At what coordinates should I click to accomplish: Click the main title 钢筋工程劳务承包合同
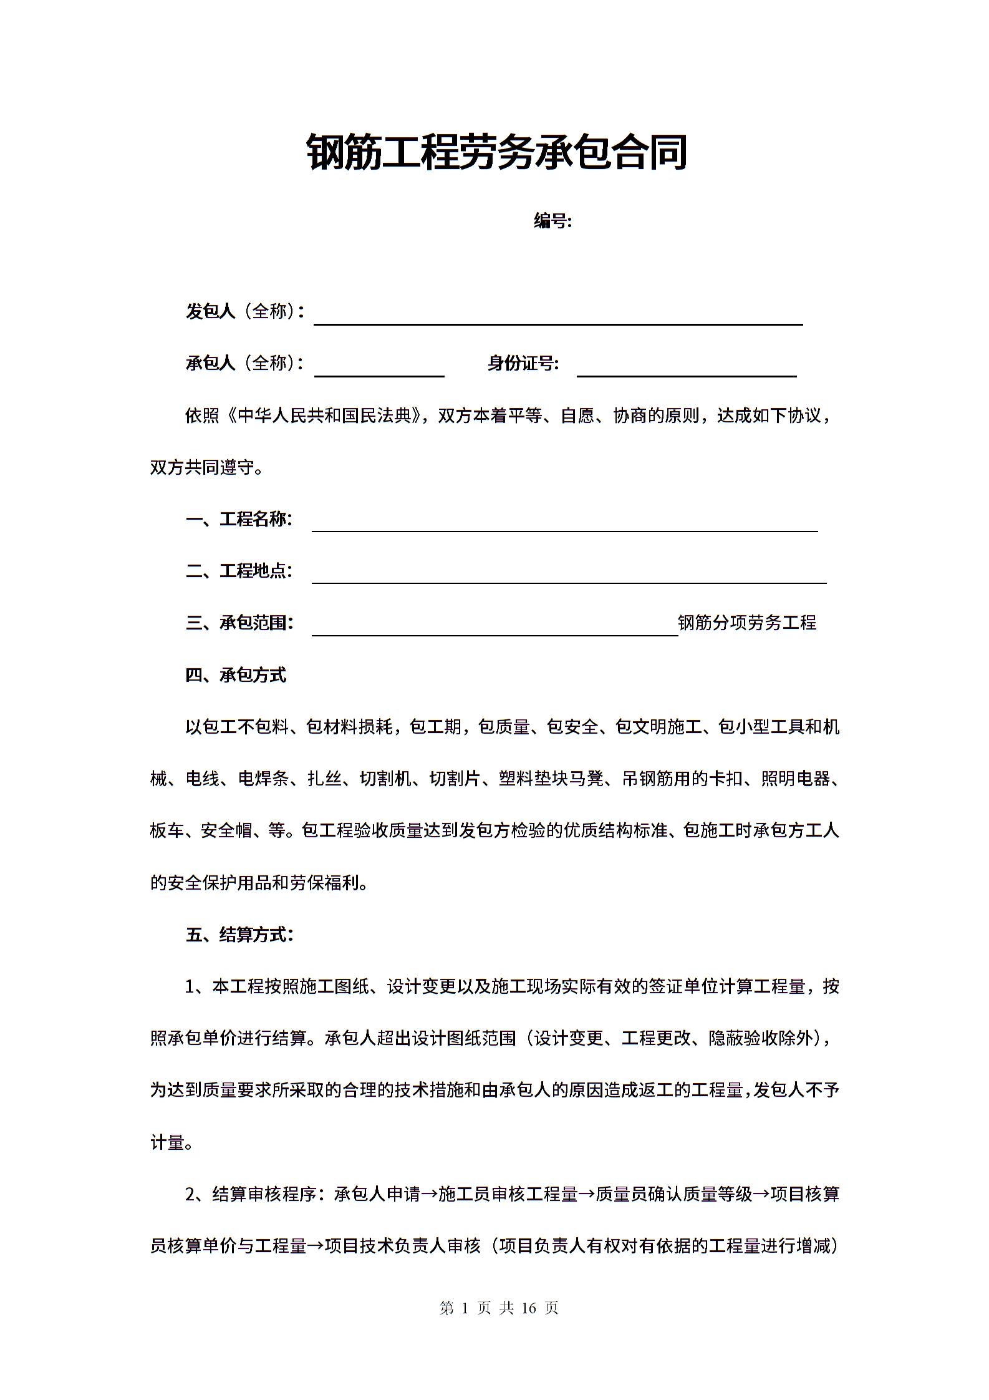[x=496, y=153]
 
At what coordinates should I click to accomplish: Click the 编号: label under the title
[x=552, y=221]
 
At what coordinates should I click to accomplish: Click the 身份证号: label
[x=523, y=363]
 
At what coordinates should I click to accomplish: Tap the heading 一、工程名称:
[x=239, y=519]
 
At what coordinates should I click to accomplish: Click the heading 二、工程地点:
[x=239, y=571]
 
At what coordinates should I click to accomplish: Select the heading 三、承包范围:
[x=239, y=623]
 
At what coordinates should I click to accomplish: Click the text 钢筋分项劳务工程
[x=747, y=623]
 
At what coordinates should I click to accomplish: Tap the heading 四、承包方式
[x=236, y=675]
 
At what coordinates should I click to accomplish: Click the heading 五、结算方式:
[x=239, y=935]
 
